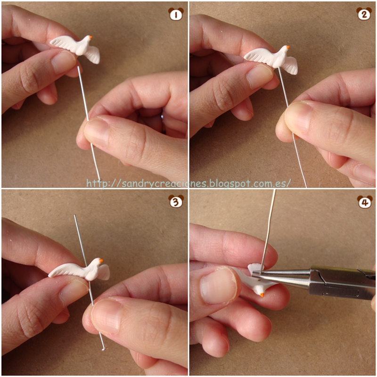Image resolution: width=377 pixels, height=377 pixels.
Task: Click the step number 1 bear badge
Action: [176, 14]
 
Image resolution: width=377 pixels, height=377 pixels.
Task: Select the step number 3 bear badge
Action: [176, 201]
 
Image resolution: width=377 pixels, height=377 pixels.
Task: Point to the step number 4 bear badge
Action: [365, 202]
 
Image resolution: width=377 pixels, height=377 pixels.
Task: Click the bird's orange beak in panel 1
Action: [90, 37]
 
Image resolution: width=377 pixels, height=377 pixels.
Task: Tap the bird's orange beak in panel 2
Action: [287, 47]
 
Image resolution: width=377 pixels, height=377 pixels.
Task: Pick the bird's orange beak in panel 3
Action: [101, 261]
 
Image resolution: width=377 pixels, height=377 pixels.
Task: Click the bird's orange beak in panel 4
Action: [262, 295]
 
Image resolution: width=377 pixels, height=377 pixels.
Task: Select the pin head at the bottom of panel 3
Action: [104, 349]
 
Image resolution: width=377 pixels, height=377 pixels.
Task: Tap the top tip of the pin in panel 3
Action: [75, 215]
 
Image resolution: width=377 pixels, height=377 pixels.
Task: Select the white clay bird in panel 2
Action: [272, 59]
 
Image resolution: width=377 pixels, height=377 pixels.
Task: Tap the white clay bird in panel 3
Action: [79, 270]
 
